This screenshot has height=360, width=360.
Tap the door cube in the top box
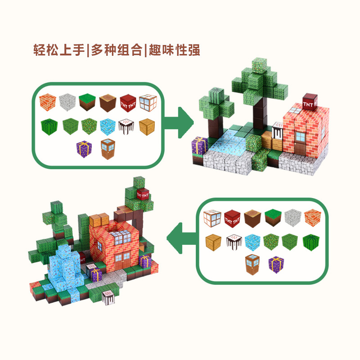pyautogui.click(x=108, y=148)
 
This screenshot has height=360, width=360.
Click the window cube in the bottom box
pyautogui.click(x=211, y=218)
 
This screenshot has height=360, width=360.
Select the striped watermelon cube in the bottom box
pyautogui.click(x=310, y=242)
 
